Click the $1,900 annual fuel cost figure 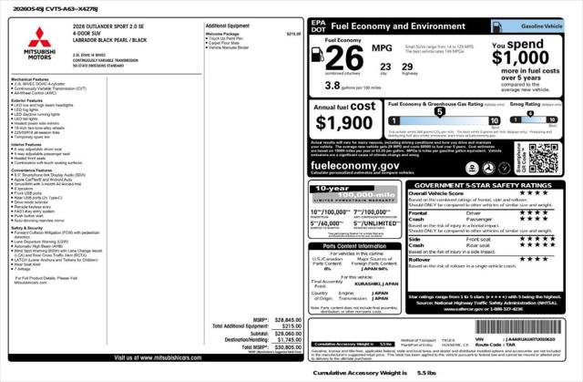[343, 123]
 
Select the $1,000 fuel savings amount [521, 57]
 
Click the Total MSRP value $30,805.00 [287, 347]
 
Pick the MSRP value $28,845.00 [287, 319]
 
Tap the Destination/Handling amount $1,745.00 [287, 340]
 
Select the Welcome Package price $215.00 [293, 34]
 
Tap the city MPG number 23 [385, 66]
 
